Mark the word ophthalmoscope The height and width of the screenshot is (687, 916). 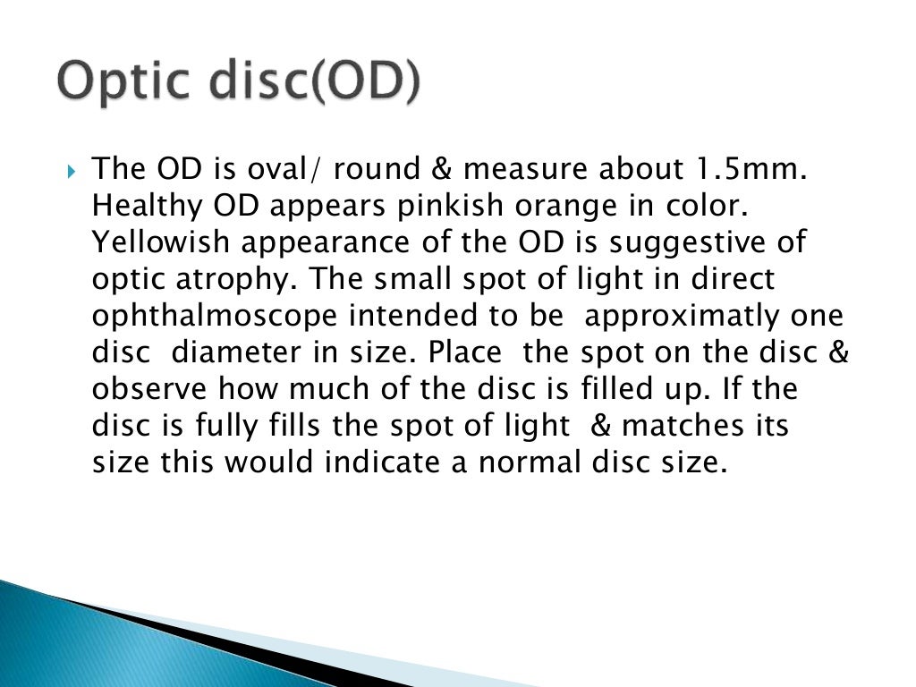point(215,316)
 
